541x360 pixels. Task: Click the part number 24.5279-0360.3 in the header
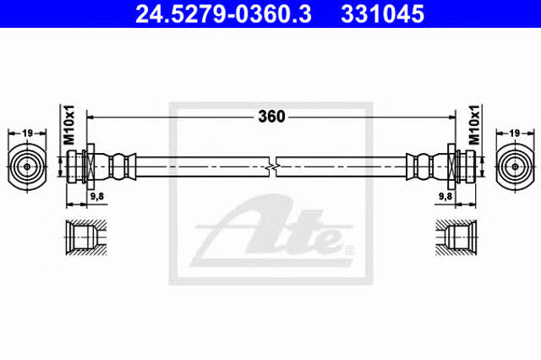(x=223, y=14)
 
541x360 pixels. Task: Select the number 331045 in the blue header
(x=382, y=14)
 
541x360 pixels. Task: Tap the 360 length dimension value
(x=271, y=117)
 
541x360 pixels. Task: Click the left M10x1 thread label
(x=69, y=124)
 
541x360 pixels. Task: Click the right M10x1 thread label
(x=474, y=124)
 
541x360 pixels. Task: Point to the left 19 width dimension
(x=27, y=133)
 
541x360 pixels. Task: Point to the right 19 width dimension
(x=515, y=133)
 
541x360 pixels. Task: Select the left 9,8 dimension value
(x=97, y=196)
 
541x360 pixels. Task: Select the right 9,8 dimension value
(x=445, y=196)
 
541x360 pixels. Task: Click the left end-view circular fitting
(x=27, y=166)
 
